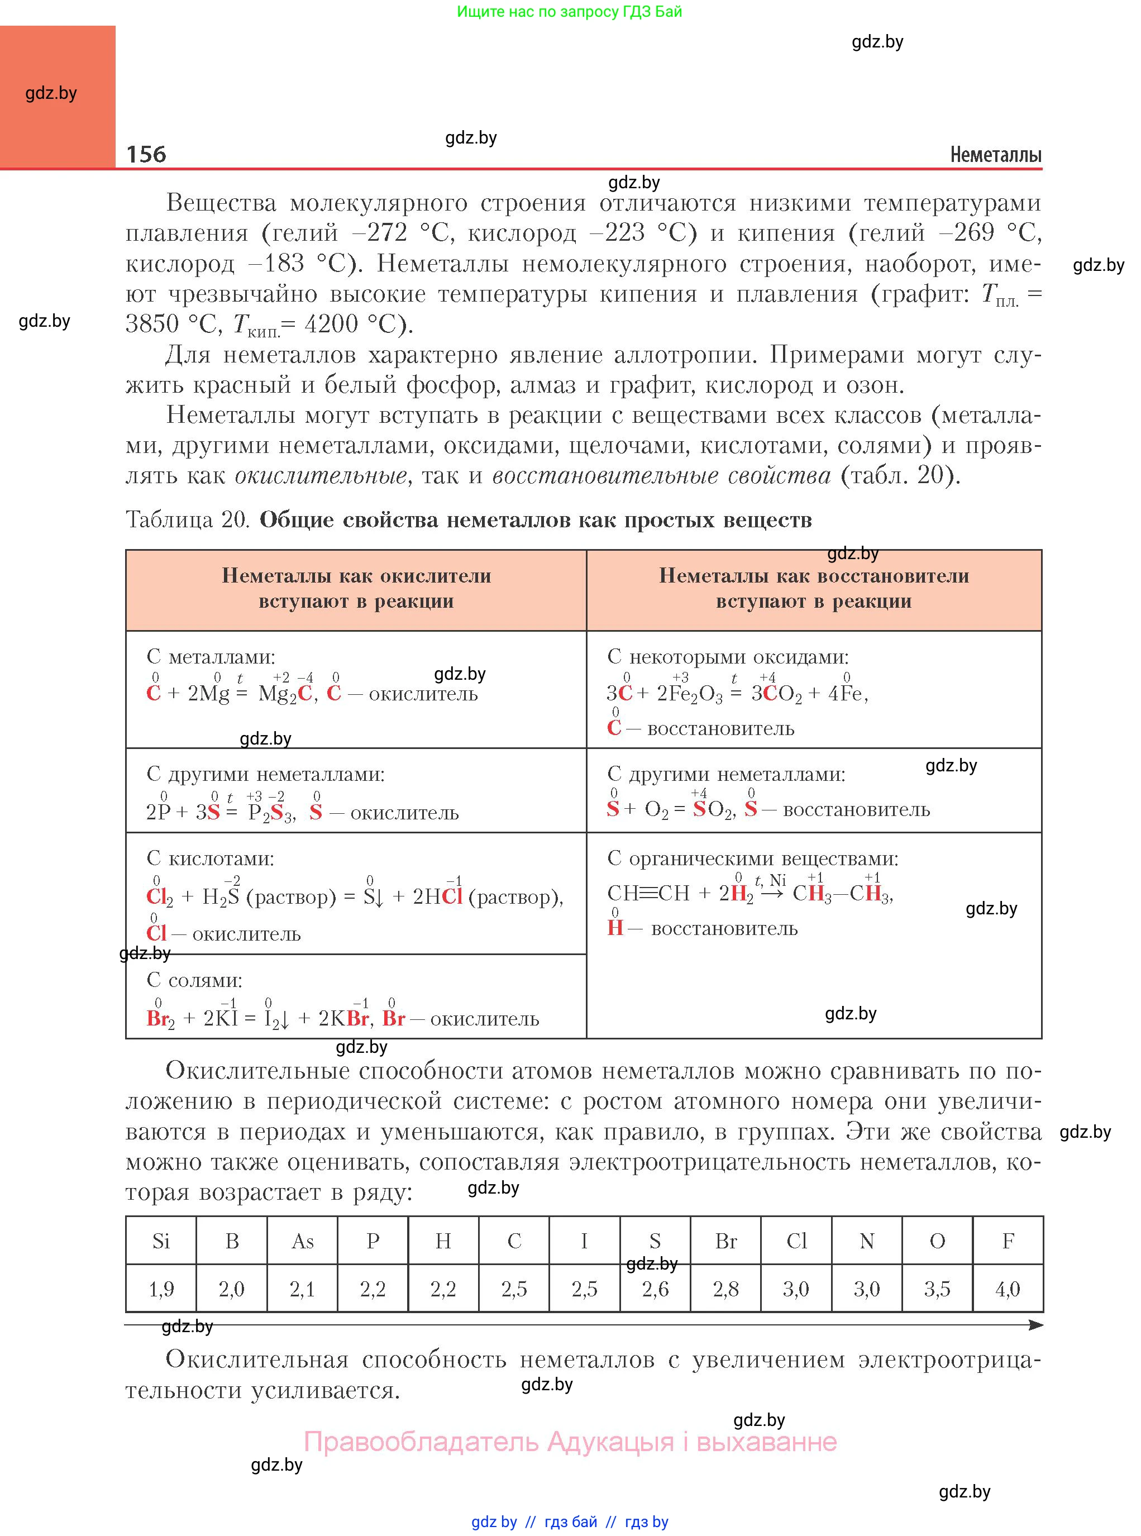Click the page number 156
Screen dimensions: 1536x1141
[x=146, y=154]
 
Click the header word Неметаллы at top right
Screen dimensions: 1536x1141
[x=995, y=155]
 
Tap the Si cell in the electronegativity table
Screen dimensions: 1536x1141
[x=161, y=1241]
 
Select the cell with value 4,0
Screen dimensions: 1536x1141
[x=1008, y=1289]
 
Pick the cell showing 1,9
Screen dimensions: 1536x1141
[x=161, y=1289]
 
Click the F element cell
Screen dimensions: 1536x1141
[x=1008, y=1241]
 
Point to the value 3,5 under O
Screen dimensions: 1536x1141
[x=937, y=1289]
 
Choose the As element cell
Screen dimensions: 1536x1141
[x=303, y=1241]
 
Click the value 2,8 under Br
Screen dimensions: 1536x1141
[x=726, y=1289]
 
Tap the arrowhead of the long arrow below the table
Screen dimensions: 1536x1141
[x=1035, y=1325]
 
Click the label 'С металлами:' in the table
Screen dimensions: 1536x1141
[x=211, y=657]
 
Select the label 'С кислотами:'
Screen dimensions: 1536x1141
[x=210, y=858]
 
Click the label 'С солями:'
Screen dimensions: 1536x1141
[x=194, y=980]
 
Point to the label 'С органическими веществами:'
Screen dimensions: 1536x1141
[x=753, y=858]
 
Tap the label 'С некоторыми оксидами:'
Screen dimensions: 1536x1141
[x=728, y=657]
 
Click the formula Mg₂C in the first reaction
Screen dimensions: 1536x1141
[x=285, y=693]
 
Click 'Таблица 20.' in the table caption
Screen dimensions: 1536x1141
[x=187, y=519]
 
